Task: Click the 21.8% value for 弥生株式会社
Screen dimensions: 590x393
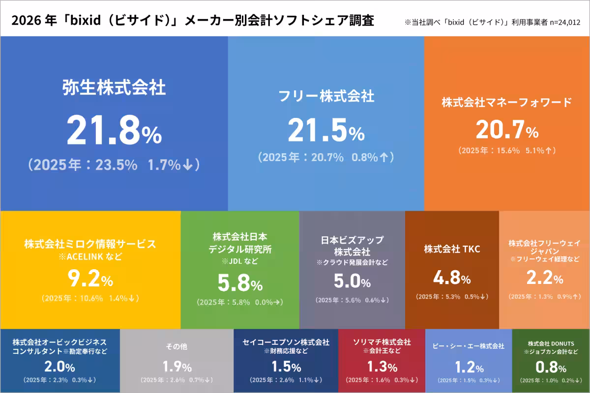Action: click(x=114, y=130)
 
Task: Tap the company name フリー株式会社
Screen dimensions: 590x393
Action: click(x=326, y=96)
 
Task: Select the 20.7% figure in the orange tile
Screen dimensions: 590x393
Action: click(x=507, y=129)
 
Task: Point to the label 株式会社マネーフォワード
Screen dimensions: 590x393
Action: click(x=507, y=102)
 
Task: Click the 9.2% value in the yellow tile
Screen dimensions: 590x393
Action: click(x=90, y=278)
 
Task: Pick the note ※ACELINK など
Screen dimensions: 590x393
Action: click(x=90, y=256)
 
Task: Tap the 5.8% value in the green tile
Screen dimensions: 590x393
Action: click(x=240, y=282)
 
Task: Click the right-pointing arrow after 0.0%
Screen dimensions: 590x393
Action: click(x=276, y=302)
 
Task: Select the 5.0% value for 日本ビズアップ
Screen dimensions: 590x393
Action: click(x=352, y=281)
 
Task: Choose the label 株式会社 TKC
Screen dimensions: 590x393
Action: click(x=452, y=249)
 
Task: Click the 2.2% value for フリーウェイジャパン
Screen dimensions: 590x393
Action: click(x=545, y=278)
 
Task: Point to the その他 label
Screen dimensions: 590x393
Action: click(x=177, y=346)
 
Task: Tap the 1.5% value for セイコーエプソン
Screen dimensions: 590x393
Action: click(x=286, y=366)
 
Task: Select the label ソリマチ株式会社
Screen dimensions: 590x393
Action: click(x=382, y=342)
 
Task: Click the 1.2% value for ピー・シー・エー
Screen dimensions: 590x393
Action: click(x=469, y=367)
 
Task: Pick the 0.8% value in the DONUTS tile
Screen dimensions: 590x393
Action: click(x=551, y=367)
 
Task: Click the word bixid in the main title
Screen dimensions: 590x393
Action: click(x=86, y=20)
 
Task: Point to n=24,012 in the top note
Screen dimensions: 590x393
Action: click(x=565, y=23)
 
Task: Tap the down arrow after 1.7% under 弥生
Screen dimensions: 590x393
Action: click(x=188, y=165)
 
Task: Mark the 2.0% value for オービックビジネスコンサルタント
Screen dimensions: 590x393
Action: click(x=59, y=366)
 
